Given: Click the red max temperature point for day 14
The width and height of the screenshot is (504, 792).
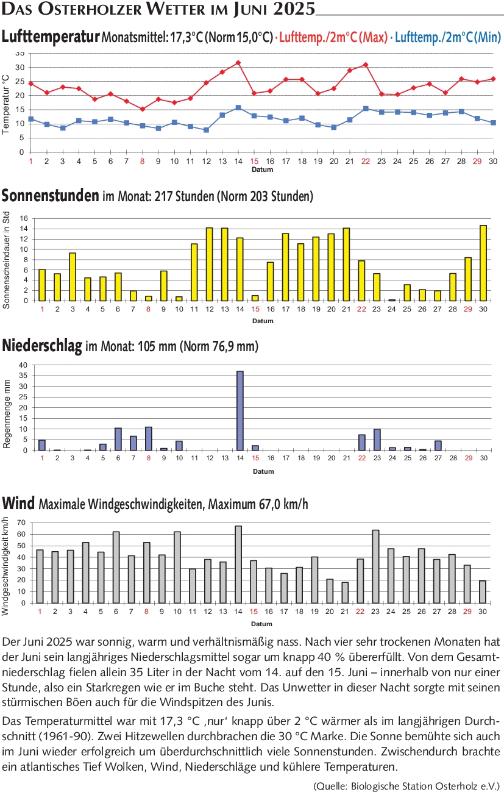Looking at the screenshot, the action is click(238, 63).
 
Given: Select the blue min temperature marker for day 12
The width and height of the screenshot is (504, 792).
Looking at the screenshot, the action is click(207, 130).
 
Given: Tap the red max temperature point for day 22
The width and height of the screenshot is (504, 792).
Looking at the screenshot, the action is click(366, 65).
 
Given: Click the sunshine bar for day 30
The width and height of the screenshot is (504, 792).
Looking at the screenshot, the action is click(483, 263).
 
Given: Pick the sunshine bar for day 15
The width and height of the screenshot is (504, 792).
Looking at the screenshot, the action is click(255, 298).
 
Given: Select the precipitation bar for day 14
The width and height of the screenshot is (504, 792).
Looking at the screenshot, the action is click(240, 411).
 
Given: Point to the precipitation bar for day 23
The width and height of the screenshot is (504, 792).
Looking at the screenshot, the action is click(377, 440).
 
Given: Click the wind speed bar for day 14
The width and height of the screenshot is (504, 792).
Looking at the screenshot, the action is click(238, 565).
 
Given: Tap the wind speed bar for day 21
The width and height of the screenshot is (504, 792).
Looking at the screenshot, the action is click(345, 593).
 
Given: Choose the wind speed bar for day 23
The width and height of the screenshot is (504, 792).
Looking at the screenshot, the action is click(375, 566).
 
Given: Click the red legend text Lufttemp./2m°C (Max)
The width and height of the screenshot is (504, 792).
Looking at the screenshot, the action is click(333, 37).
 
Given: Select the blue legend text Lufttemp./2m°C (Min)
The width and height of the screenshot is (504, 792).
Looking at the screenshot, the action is click(448, 37).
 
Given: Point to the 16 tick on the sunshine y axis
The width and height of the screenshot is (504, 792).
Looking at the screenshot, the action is click(24, 218).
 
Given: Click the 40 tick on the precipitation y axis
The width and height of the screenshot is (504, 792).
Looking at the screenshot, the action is click(23, 365).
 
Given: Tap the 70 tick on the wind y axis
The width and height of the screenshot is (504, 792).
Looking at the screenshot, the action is click(21, 523).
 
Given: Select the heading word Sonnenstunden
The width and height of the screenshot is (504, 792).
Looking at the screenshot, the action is click(50, 196).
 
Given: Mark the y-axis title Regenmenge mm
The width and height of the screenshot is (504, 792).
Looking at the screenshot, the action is click(7, 414).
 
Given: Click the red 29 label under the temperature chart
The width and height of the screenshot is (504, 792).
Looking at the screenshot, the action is click(477, 161).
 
